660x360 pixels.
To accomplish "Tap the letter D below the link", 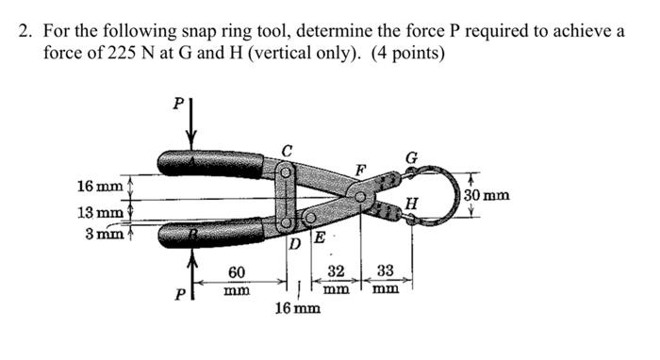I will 294,245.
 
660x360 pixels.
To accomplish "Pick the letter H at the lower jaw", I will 408,202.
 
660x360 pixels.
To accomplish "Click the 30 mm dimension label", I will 487,196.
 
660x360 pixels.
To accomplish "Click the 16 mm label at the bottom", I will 297,308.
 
